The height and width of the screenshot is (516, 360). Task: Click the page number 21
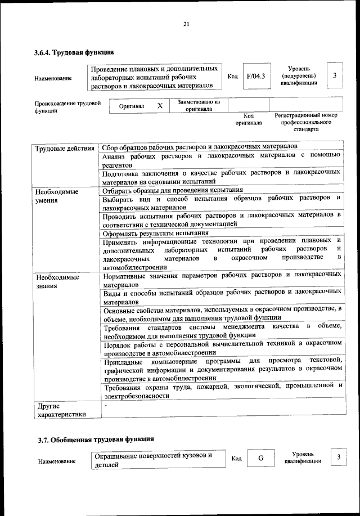click(x=186, y=24)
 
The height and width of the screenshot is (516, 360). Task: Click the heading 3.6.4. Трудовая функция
click(x=74, y=53)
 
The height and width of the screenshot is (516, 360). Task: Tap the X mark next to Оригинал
click(x=160, y=106)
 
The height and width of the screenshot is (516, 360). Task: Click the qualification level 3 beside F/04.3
click(x=335, y=76)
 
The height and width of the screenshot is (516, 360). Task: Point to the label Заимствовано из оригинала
click(x=199, y=106)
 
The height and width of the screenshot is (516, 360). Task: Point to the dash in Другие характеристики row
click(x=105, y=405)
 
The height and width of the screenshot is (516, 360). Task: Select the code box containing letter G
click(x=261, y=458)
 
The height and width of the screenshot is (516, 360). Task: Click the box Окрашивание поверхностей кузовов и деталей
click(x=157, y=460)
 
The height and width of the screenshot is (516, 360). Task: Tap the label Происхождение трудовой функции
click(x=67, y=107)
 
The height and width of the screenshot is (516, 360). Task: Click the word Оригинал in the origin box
click(x=132, y=106)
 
